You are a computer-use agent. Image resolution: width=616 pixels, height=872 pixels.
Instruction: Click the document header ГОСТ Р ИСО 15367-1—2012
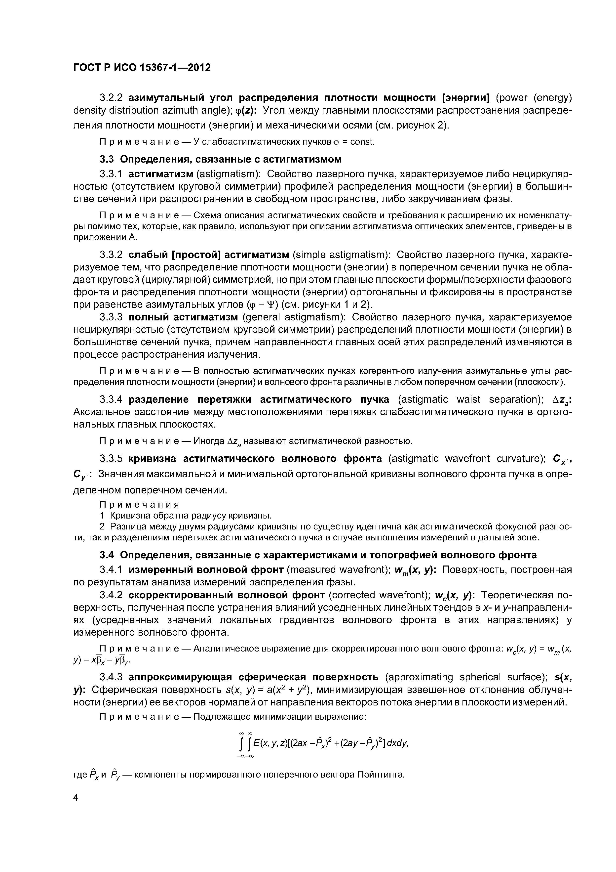pyautogui.click(x=142, y=68)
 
